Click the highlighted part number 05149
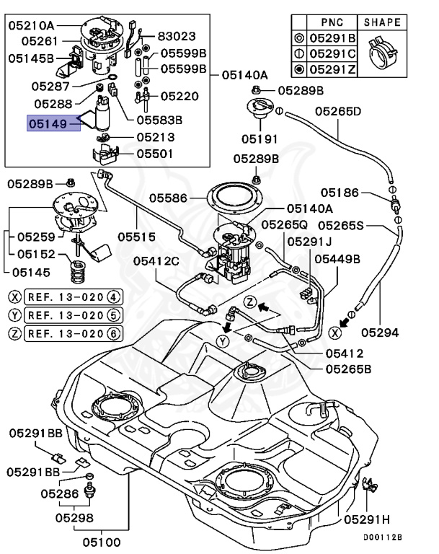48,124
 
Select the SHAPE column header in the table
382,22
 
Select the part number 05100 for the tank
101,540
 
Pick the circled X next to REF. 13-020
14,296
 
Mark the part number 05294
380,333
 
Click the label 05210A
32,25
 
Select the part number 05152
36,253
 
